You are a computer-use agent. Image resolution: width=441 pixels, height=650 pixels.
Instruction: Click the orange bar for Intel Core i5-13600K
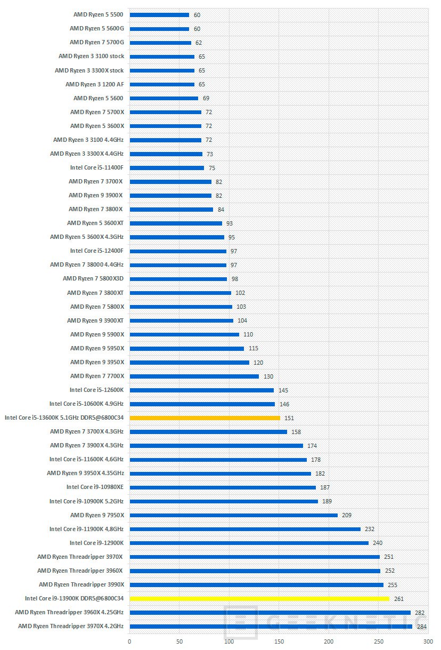tap(205, 418)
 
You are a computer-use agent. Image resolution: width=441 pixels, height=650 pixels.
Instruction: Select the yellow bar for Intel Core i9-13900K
tap(259, 599)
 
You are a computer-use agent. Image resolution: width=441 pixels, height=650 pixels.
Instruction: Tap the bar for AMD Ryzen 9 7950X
tap(233, 515)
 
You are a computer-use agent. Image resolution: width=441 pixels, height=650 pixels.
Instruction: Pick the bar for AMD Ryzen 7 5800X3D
tap(178, 279)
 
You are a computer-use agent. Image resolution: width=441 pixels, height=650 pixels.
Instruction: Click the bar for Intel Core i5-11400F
tap(167, 168)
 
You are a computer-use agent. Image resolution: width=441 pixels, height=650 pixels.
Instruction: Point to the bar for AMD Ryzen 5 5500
tap(159, 15)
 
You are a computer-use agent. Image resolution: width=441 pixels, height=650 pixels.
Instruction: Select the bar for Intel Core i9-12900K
tap(249, 543)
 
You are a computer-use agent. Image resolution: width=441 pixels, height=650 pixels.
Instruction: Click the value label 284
tap(422, 627)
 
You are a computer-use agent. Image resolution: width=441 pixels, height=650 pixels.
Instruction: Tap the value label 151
tap(289, 418)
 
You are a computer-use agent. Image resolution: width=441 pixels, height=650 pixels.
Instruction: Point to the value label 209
tap(347, 515)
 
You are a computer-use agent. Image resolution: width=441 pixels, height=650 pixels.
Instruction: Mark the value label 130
tap(268, 376)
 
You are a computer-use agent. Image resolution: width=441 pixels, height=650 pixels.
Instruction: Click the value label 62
tap(199, 43)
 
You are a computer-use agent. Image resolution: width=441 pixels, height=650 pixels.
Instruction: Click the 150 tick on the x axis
tap(279, 641)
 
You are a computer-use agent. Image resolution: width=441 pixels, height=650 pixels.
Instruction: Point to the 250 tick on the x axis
tap(378, 641)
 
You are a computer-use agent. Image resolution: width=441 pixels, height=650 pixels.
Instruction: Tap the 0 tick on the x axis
tap(129, 641)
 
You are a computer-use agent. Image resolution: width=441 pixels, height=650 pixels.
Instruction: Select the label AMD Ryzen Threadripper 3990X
tap(81, 584)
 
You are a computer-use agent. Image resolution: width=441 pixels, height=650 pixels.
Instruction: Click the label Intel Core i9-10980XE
tap(95, 487)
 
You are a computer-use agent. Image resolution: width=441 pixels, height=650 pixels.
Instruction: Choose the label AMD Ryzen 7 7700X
tap(97, 376)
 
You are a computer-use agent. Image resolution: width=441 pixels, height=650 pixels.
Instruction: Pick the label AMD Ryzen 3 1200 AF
tap(94, 84)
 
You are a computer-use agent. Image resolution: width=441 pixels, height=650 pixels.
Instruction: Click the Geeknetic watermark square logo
tap(241, 622)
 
